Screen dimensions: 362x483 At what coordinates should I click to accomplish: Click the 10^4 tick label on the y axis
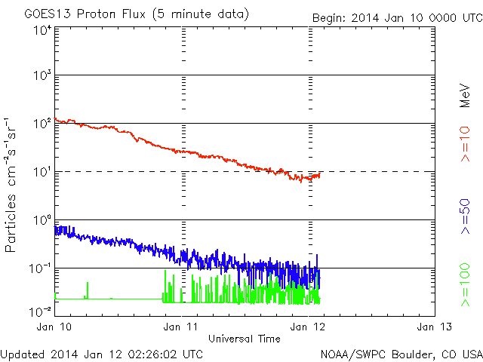pos(42,30)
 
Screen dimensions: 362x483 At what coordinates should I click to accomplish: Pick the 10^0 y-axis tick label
pos(42,219)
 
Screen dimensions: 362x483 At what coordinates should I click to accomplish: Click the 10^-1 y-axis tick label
pos(40,268)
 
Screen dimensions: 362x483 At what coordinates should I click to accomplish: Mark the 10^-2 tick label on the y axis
pos(40,309)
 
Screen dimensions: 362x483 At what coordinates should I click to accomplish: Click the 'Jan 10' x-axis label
pos(54,327)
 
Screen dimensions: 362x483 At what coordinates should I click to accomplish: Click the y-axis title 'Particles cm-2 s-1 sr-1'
pos(13,184)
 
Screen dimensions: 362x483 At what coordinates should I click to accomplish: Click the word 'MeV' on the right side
pos(466,96)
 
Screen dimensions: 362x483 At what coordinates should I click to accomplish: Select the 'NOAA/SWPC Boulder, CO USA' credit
pos(401,354)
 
